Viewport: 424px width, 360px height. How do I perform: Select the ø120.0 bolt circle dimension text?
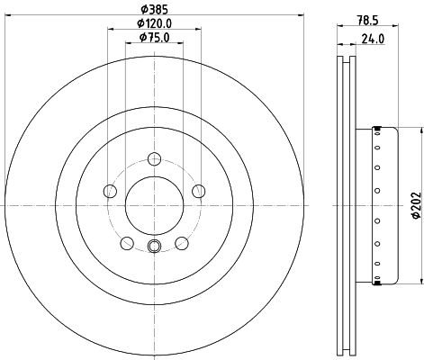[x=154, y=22]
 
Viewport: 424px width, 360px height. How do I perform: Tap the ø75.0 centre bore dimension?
[x=154, y=38]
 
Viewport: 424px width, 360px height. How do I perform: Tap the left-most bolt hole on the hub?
[x=110, y=191]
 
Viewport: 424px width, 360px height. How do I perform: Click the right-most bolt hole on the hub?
[x=197, y=191]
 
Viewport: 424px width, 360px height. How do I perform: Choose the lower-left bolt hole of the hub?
[x=127, y=243]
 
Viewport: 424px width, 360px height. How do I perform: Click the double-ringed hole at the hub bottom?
[x=154, y=248]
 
